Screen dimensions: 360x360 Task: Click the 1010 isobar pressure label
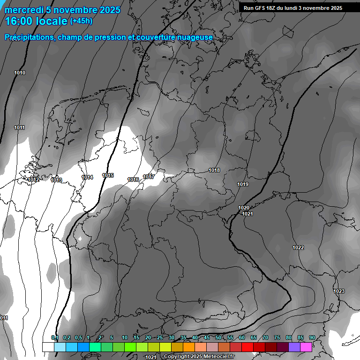pyautogui.click(x=20, y=73)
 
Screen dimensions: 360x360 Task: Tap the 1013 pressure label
pyautogui.click(x=56, y=180)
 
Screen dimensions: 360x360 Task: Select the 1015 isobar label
pyautogui.click(x=108, y=175)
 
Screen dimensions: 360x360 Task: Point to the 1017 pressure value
pyautogui.click(x=149, y=177)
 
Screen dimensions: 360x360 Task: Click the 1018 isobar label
pyautogui.click(x=214, y=170)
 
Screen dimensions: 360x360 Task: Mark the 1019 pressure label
pyautogui.click(x=242, y=184)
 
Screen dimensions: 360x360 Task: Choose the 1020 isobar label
pyautogui.click(x=244, y=208)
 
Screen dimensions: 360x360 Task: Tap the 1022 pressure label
pyautogui.click(x=298, y=247)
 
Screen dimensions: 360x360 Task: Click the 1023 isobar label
pyautogui.click(x=339, y=291)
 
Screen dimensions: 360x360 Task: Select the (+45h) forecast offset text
pyautogui.click(x=81, y=21)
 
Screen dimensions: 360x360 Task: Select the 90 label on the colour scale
pyautogui.click(x=312, y=337)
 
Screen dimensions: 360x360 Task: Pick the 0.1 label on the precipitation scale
pyautogui.click(x=54, y=337)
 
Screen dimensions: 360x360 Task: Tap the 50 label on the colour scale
pyautogui.click(x=218, y=337)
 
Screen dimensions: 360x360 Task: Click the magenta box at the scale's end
pyautogui.click(x=306, y=347)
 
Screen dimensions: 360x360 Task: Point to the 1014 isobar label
pyautogui.click(x=87, y=177)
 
